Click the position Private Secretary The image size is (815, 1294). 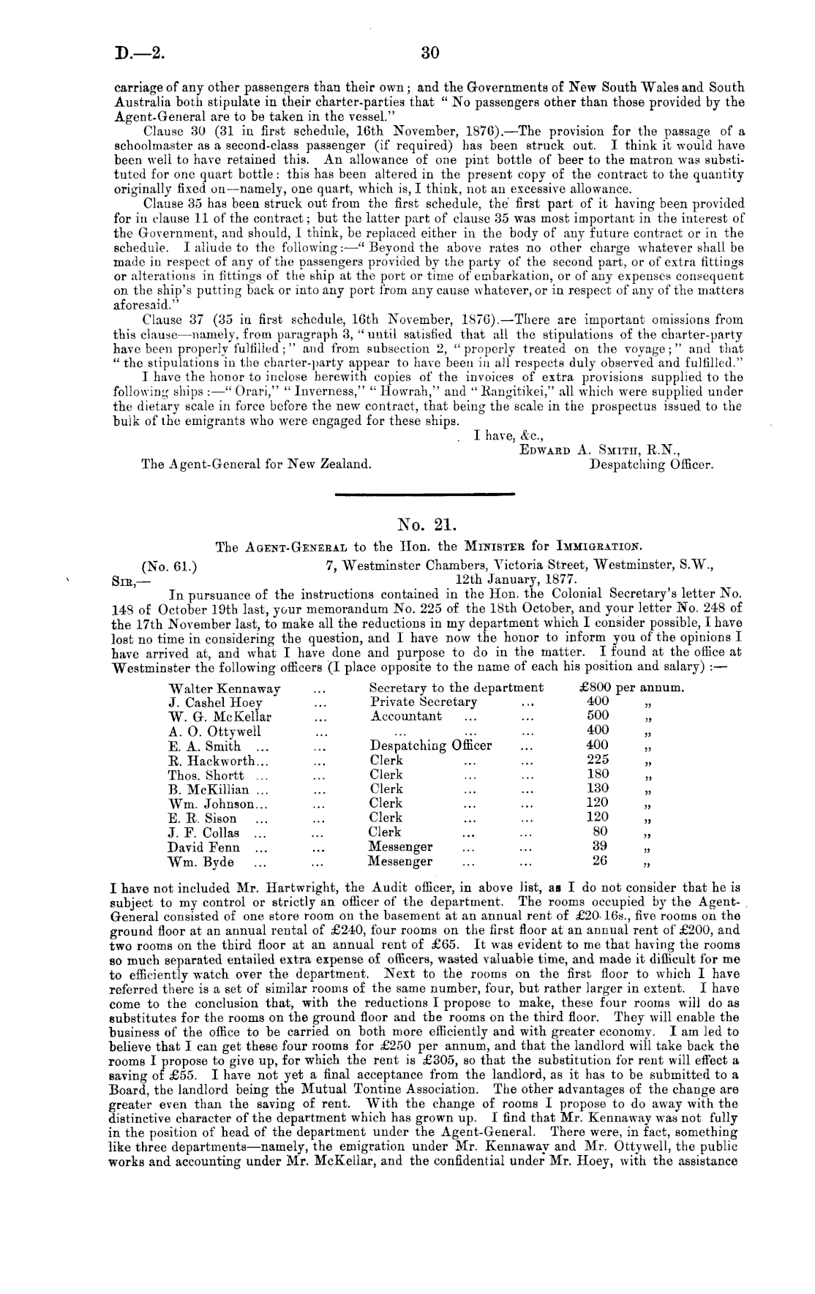click(424, 702)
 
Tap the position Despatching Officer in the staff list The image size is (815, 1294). click(431, 746)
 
